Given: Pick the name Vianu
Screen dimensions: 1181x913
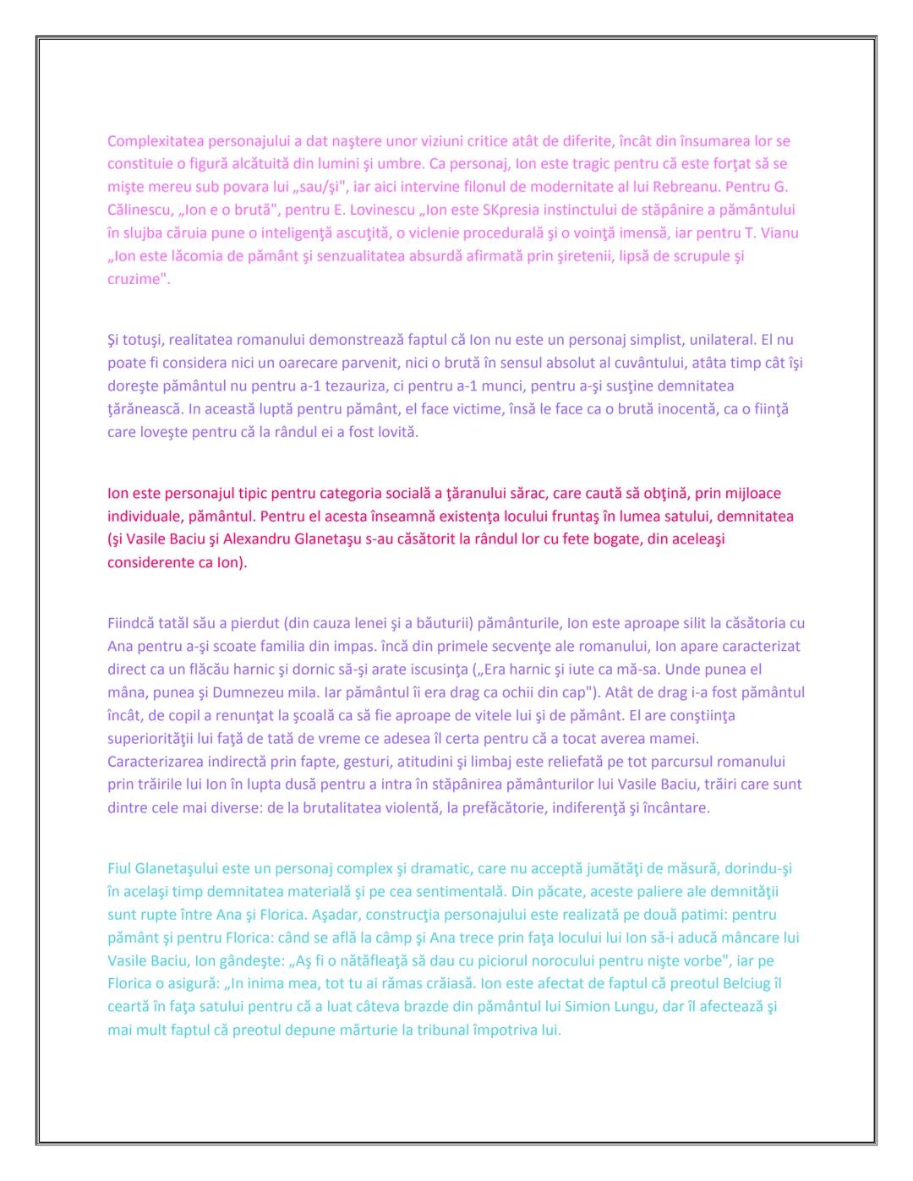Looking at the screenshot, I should tap(778, 232).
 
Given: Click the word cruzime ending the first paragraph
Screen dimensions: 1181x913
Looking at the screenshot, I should tap(135, 279).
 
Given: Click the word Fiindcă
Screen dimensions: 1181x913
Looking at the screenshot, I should tap(134, 624).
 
